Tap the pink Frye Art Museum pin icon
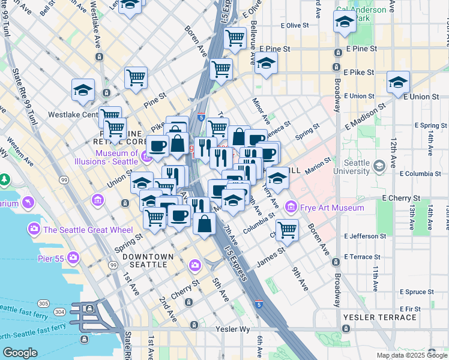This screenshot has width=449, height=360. coord(291,208)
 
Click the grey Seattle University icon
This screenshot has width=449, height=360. coord(379,165)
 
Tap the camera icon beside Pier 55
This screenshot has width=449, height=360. coord(73,258)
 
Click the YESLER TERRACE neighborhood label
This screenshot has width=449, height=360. coord(375,316)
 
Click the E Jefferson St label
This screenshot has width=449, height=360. coord(367,236)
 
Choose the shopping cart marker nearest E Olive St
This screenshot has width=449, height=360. coord(235,38)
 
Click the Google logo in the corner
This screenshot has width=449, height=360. coord(20,353)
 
